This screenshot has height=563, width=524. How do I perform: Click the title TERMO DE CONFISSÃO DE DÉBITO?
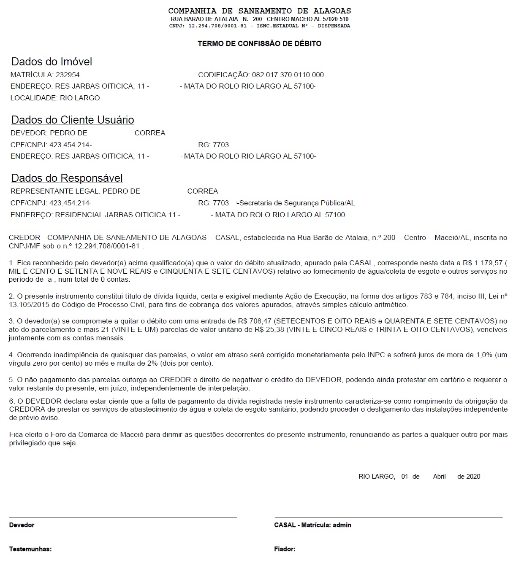pos(259,43)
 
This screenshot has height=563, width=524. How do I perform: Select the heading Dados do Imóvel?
pos(52,62)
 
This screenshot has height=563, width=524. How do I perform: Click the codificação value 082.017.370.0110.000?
pos(288,75)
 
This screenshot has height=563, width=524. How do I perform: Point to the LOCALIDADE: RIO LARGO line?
pos(55,98)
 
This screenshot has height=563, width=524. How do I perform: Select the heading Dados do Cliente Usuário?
pos(73,120)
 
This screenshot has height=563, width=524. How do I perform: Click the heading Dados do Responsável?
pos(67,178)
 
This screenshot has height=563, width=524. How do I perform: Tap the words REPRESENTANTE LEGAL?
pos(55,191)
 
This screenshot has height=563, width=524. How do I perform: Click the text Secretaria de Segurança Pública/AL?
pos(297,203)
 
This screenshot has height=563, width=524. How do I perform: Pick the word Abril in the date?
pos(439,477)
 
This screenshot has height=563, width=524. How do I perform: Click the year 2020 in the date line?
pos(473,477)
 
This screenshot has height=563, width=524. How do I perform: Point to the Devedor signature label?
pos(22,525)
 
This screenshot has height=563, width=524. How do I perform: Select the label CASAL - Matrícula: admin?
pos(312,525)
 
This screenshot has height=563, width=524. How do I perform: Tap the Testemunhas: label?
pos(30,549)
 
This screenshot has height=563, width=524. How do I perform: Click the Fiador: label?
pos(285,549)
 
